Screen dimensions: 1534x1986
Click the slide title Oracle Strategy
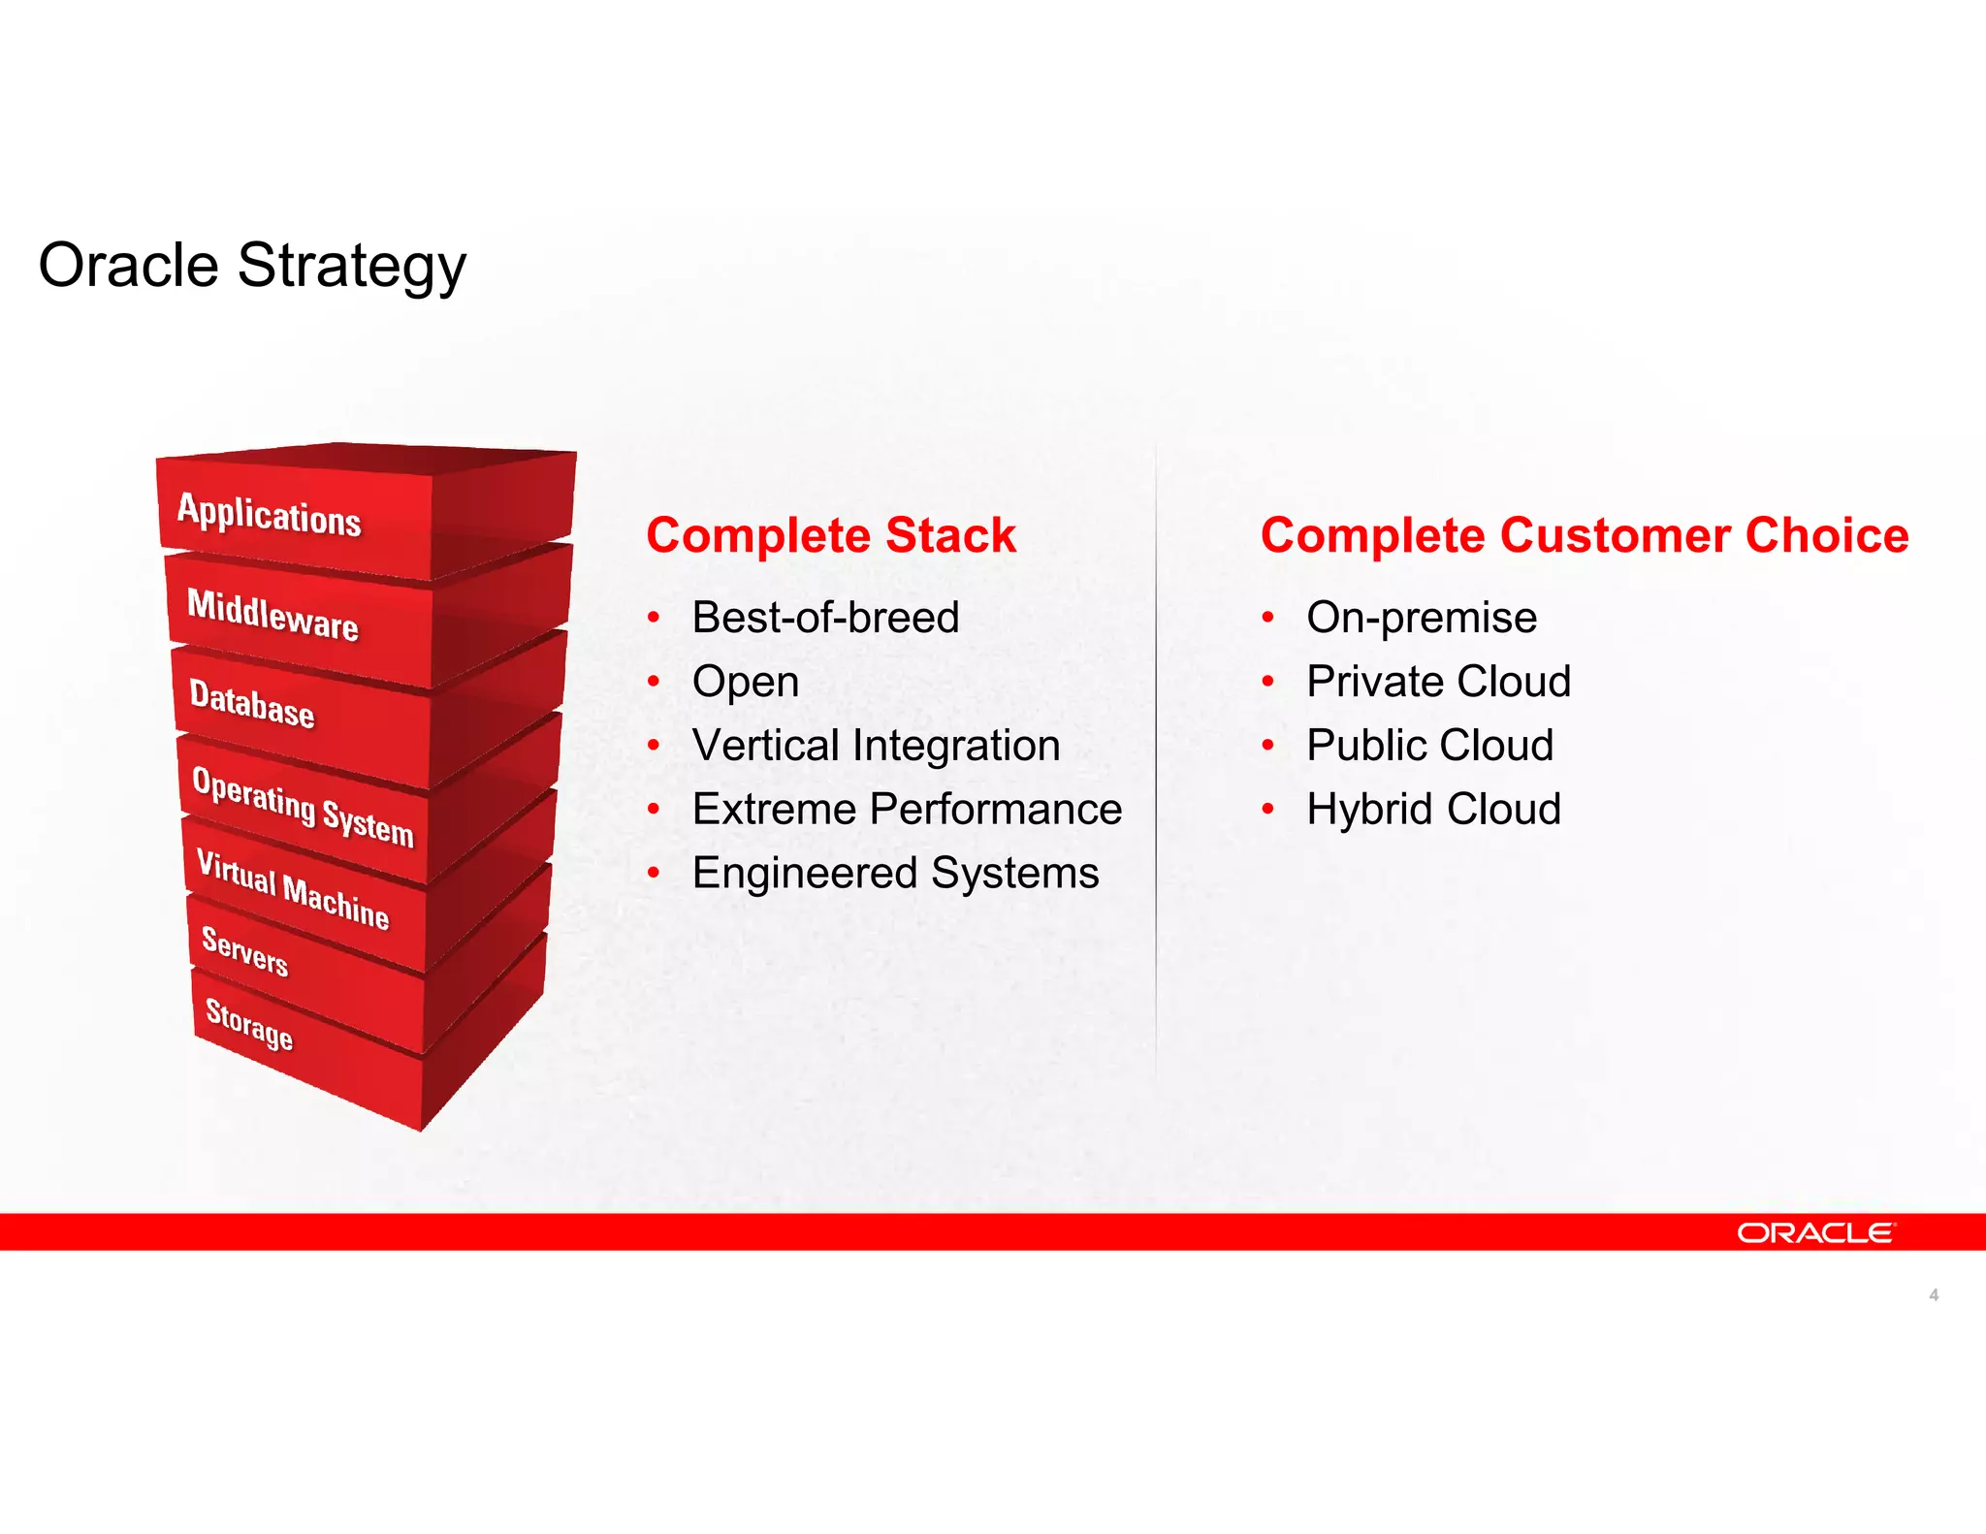coord(252,266)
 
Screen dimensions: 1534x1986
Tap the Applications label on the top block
coord(269,514)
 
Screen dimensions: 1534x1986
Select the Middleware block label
coord(272,615)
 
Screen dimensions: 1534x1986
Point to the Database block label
coord(252,703)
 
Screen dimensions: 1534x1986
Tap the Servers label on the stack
coord(244,950)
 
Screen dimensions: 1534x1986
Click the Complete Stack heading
coord(831,535)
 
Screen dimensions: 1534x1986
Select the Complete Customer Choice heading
coord(1584,535)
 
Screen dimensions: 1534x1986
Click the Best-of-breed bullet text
coord(825,618)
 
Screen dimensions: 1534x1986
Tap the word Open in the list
coord(745,682)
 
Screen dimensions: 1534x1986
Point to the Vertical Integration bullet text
coord(876,746)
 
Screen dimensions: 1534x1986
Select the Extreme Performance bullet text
coord(907,810)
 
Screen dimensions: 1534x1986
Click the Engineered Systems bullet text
coord(895,873)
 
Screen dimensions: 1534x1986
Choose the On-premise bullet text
coord(1421,618)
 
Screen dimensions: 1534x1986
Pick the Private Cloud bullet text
coord(1438,682)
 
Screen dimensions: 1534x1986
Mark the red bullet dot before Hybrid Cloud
coord(1267,809)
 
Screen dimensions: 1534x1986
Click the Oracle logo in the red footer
coord(1814,1232)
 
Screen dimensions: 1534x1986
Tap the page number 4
coord(1934,1294)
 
